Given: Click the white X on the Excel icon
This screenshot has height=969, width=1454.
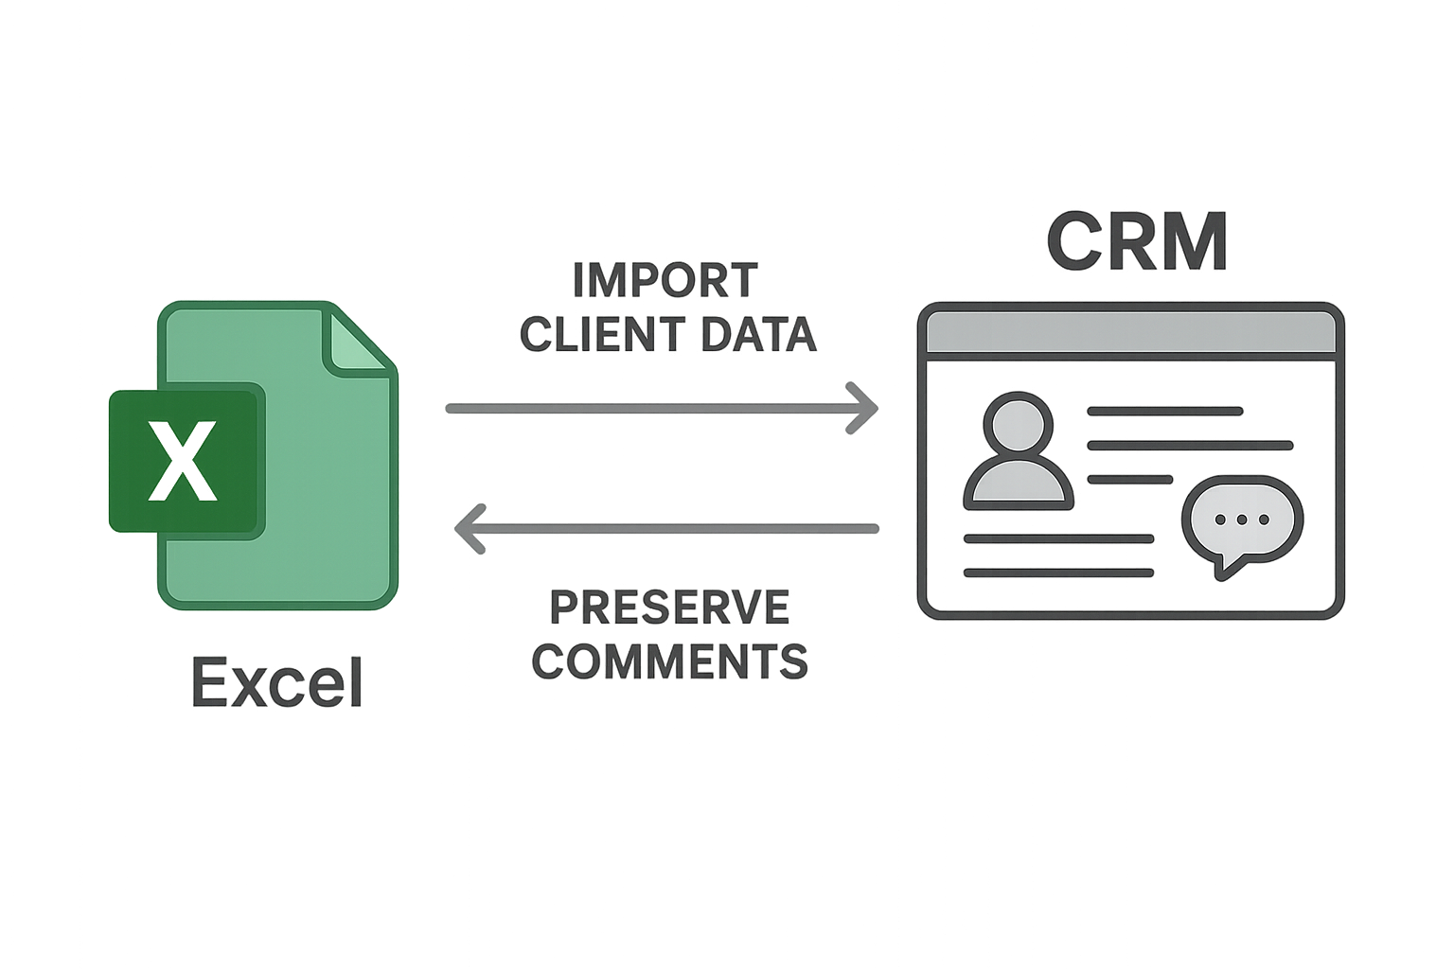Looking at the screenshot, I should (x=183, y=462).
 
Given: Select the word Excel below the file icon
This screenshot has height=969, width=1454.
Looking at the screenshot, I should (x=277, y=682).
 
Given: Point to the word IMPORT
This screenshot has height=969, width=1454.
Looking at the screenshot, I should (x=665, y=281).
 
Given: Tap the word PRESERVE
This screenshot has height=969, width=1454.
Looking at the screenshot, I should (x=669, y=608).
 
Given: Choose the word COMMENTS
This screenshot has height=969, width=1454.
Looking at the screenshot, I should (x=670, y=661).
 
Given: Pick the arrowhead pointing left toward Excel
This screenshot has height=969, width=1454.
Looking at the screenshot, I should (x=470, y=528).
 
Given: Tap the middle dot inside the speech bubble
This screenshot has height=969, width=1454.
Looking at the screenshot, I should (x=1242, y=519).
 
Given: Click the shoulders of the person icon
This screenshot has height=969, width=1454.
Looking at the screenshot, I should (x=1019, y=486).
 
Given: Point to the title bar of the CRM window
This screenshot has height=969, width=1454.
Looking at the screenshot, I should (x=1131, y=332).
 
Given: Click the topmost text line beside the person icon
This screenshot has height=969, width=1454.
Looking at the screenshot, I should (x=1164, y=412).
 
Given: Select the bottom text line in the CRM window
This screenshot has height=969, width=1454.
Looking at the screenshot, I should (x=1058, y=573).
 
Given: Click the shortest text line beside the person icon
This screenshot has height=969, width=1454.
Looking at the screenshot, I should (x=1130, y=480).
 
